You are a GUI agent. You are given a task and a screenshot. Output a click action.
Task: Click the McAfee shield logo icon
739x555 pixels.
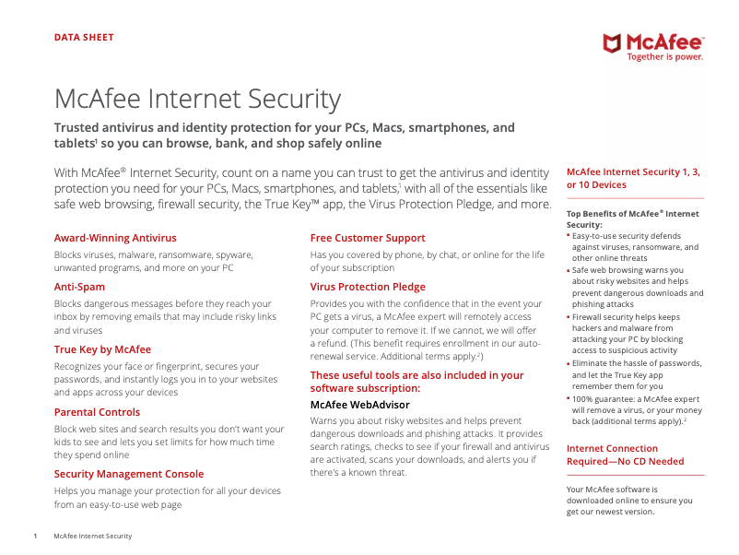(x=613, y=42)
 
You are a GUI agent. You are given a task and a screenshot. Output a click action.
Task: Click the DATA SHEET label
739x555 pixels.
(x=84, y=38)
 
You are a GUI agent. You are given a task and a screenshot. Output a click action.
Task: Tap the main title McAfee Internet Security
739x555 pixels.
(x=197, y=100)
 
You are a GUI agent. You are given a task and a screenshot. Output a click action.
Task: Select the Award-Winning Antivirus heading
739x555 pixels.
(x=115, y=238)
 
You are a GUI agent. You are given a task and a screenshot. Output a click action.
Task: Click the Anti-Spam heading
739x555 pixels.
(x=80, y=287)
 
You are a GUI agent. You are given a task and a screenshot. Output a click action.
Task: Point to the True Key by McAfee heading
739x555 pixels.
(x=102, y=349)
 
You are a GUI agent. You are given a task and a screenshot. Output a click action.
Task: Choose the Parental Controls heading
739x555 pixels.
(x=97, y=412)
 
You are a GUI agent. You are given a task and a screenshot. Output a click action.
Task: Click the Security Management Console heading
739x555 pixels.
(x=129, y=474)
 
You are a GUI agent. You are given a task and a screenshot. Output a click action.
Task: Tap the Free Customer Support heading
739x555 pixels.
(x=368, y=238)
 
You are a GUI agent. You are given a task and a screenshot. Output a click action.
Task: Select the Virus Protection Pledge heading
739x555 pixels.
(x=368, y=287)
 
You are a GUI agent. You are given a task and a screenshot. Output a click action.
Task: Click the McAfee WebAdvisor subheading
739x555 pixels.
(x=360, y=404)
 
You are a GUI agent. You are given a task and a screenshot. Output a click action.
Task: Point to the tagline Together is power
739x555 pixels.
(x=664, y=57)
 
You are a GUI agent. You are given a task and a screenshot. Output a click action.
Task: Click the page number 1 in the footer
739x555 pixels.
(x=35, y=536)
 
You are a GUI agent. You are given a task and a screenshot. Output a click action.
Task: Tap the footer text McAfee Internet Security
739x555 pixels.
(x=92, y=536)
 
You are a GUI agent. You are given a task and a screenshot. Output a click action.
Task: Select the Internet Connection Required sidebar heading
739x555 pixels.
(x=625, y=455)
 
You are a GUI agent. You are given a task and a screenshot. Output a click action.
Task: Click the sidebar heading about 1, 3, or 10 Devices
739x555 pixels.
(x=635, y=178)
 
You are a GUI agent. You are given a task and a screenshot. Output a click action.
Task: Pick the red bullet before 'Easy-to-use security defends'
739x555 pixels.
(x=569, y=236)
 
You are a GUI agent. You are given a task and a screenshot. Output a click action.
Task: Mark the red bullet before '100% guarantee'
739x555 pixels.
(x=569, y=399)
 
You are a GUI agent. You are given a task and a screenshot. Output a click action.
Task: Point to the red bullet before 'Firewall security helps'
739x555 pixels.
(x=569, y=317)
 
